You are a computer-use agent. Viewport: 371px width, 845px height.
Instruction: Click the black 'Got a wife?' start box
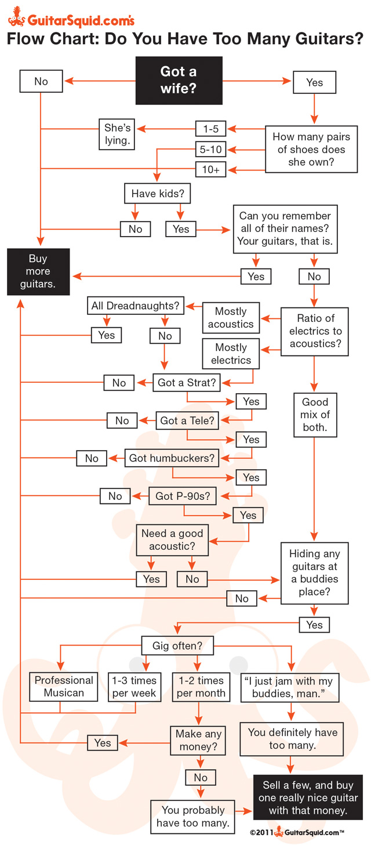click(x=179, y=80)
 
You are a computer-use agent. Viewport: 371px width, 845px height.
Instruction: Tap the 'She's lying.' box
click(x=117, y=133)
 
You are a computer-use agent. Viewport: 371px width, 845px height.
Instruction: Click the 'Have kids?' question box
click(x=157, y=194)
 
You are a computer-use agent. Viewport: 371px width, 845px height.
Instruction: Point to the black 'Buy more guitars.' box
click(x=38, y=271)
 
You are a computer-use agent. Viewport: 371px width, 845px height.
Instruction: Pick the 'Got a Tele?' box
click(x=187, y=420)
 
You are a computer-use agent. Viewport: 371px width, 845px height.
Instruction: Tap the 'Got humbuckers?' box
click(x=172, y=458)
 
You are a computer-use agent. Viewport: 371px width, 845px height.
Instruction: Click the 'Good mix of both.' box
click(x=315, y=415)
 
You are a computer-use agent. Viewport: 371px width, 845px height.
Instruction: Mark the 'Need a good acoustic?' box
click(x=172, y=539)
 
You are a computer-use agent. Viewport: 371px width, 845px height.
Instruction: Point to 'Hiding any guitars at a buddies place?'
click(x=314, y=572)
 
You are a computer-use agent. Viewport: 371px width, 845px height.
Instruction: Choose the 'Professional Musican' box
click(x=64, y=686)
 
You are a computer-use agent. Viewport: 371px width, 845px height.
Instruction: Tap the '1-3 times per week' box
click(x=135, y=686)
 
